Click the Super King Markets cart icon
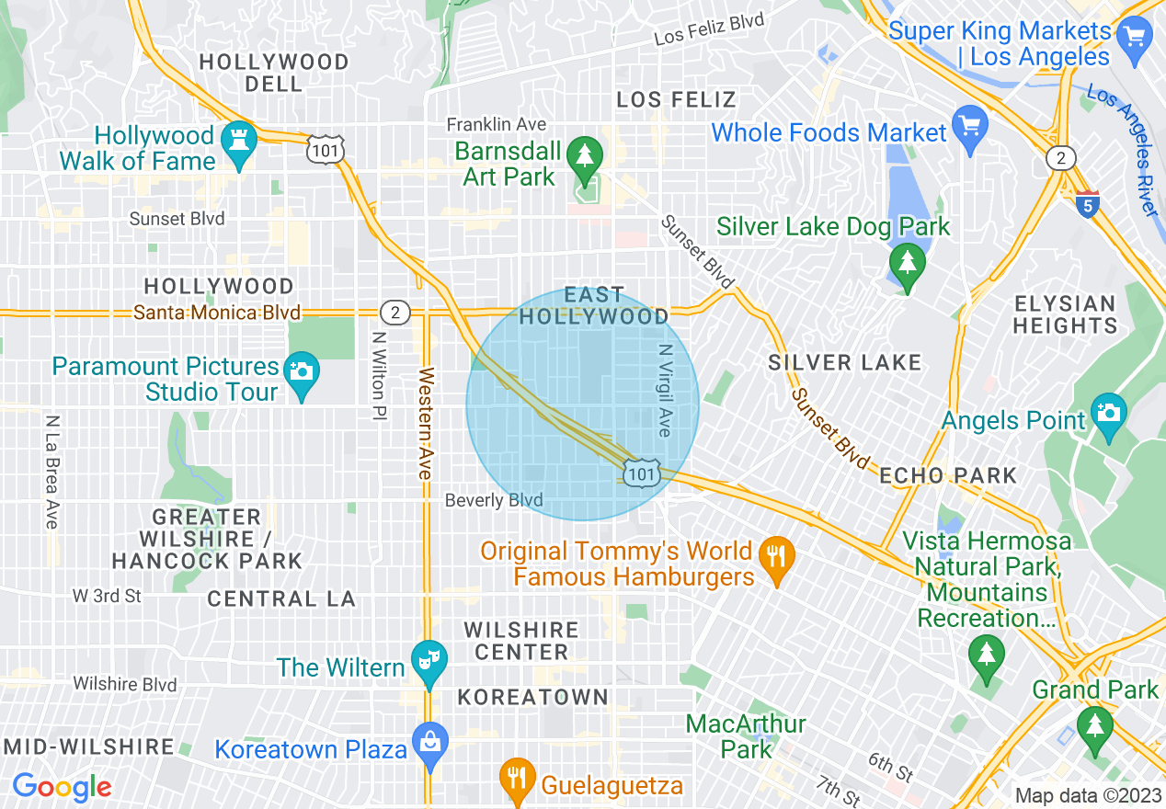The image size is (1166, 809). tap(1133, 38)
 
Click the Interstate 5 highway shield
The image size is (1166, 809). tap(1088, 203)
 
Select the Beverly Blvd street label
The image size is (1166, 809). tap(494, 500)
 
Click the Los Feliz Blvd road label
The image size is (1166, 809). tap(709, 29)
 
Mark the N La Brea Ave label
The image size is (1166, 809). tap(51, 472)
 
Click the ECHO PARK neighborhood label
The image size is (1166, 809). tap(948, 475)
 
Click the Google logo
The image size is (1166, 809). tap(62, 786)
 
